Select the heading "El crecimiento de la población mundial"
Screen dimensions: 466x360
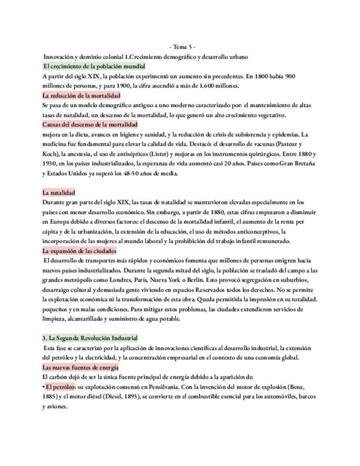pos(86,66)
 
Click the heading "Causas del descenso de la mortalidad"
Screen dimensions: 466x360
pos(90,125)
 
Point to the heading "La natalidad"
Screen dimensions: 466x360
pos(58,192)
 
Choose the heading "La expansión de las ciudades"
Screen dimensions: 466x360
pos(79,251)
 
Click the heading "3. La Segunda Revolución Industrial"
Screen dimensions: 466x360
pos(90,338)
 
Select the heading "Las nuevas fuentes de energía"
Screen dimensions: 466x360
pos(80,367)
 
